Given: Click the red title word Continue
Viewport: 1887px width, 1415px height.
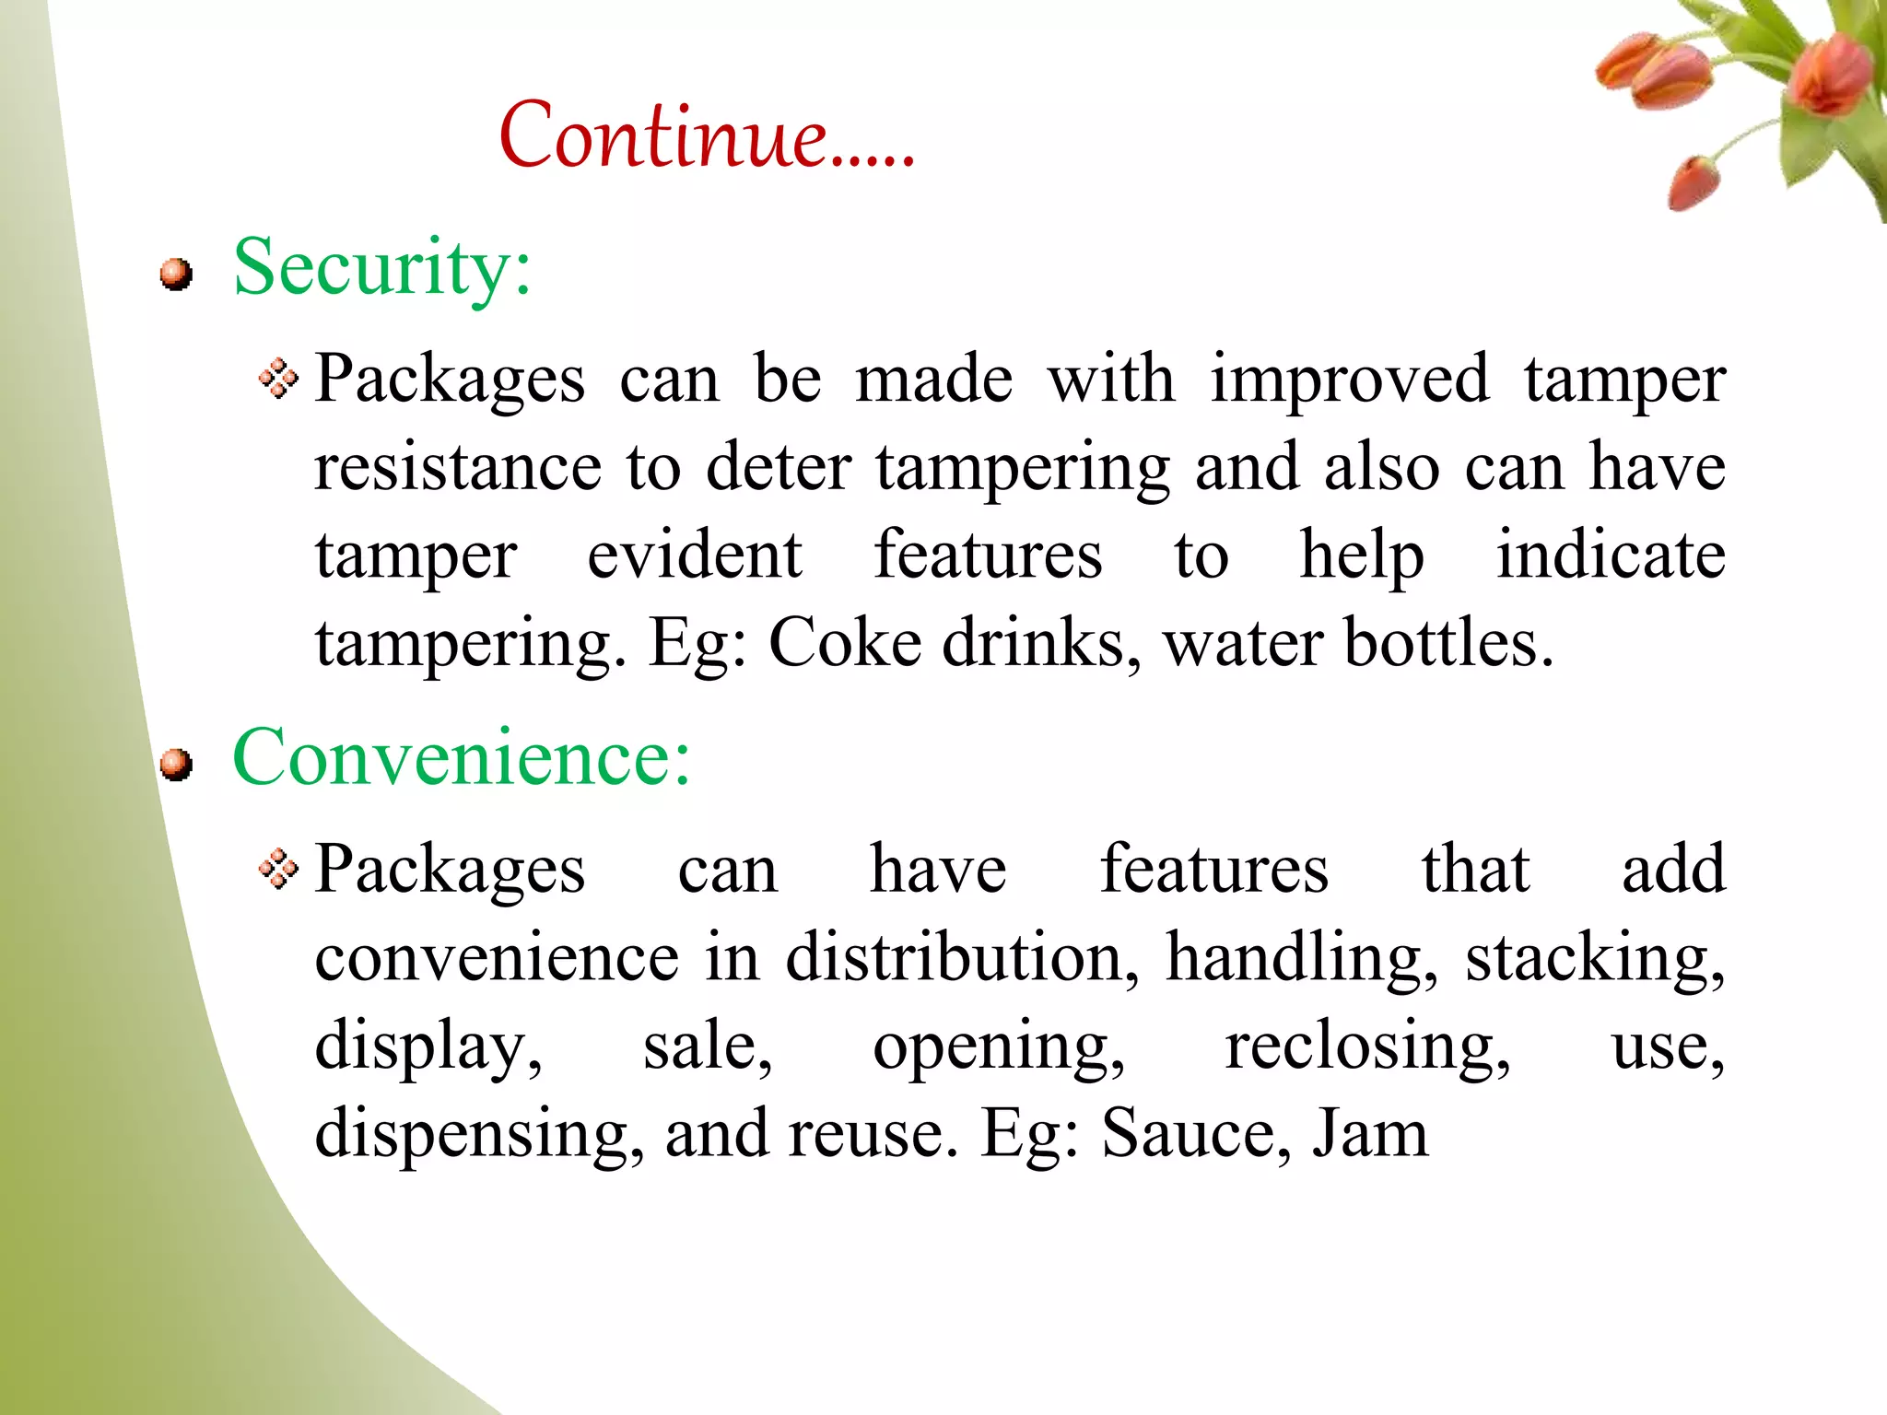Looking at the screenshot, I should (x=705, y=136).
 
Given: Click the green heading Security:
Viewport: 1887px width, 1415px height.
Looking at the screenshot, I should (x=382, y=267).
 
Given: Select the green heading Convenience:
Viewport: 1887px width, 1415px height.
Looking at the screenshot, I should (x=461, y=757).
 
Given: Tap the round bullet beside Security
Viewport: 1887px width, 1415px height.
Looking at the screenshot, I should (x=175, y=274).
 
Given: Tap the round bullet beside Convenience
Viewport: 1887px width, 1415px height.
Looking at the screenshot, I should (x=175, y=764).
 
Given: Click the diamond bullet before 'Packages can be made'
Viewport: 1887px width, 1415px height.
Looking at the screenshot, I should (x=278, y=379).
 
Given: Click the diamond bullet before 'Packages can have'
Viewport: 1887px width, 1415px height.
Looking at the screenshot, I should (x=278, y=869).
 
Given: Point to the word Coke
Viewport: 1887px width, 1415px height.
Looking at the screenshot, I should (x=845, y=642).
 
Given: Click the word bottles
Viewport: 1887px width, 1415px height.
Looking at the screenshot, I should (x=1447, y=642).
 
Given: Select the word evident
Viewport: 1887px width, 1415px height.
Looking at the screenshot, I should (x=694, y=555).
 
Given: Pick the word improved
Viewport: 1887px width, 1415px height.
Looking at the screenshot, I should (x=1349, y=379).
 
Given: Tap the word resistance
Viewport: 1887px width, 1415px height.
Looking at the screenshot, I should (x=457, y=467).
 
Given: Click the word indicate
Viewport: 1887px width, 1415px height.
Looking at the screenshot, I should (x=1610, y=555).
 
